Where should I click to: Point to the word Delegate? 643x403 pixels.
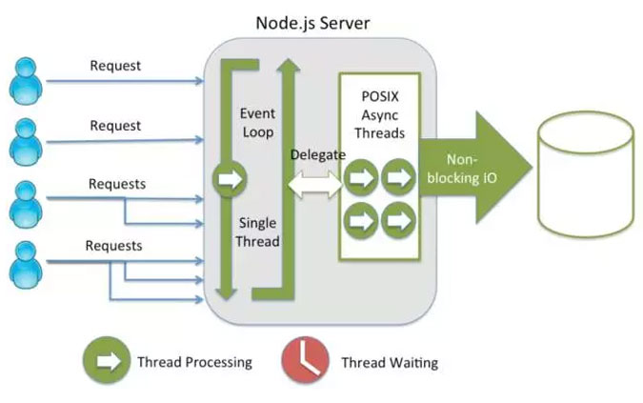pos(316,152)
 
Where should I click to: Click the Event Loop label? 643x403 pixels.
pos(257,123)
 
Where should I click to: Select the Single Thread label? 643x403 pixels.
pos(257,232)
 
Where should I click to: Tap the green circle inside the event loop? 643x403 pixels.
pos(229,177)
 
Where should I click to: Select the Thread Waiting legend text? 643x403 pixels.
pos(390,362)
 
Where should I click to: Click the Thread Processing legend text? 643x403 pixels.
pos(194,362)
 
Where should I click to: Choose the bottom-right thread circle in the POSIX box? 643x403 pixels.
pos(399,220)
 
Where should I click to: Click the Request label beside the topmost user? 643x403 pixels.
pos(115,66)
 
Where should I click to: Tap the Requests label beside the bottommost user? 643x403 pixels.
pos(113,246)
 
